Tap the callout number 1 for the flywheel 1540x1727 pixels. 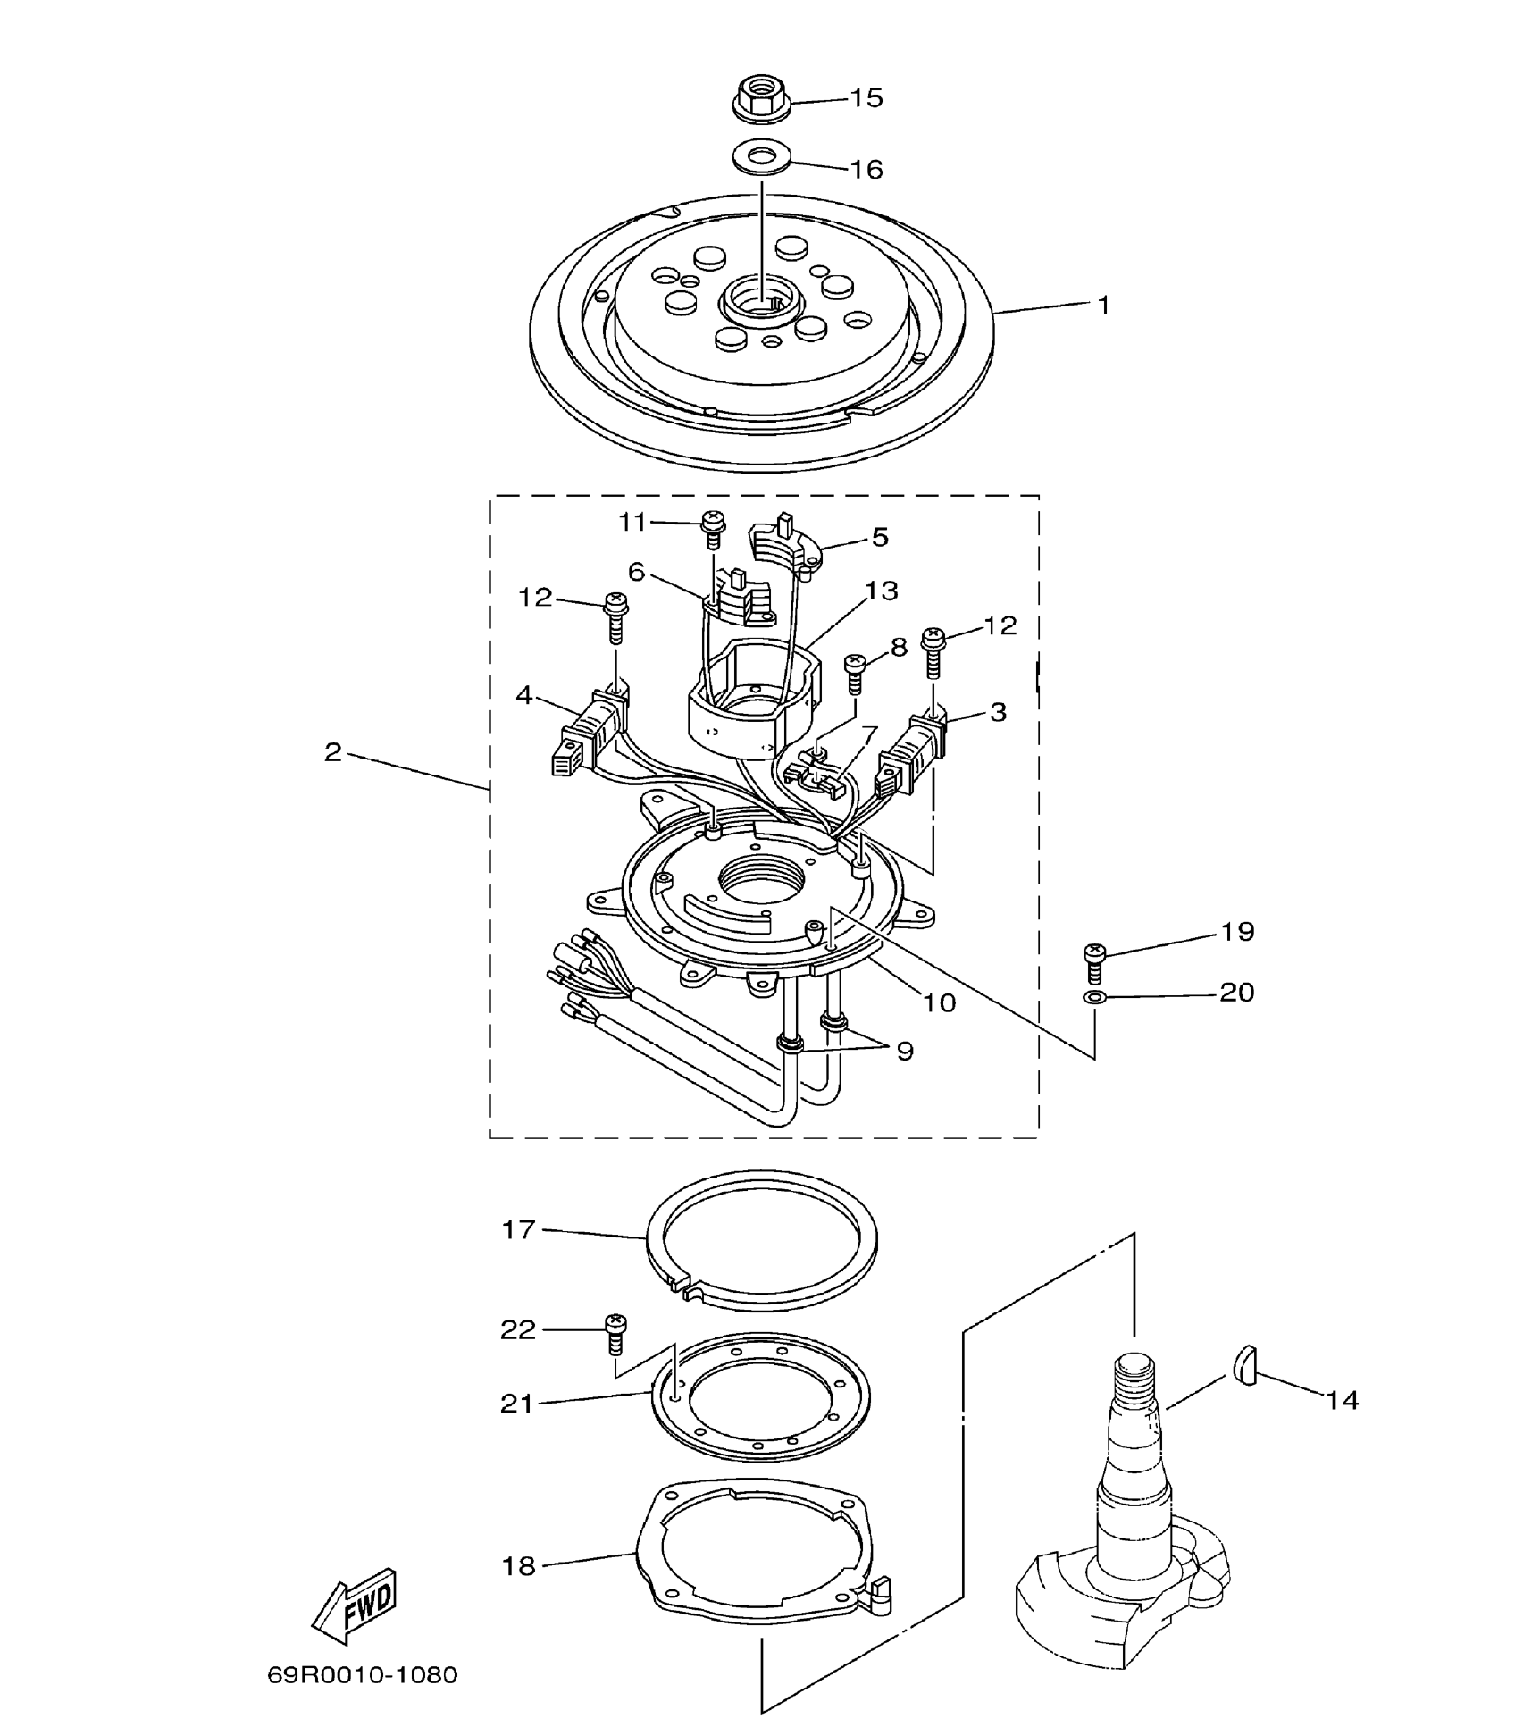1103,306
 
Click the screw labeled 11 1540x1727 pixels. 713,529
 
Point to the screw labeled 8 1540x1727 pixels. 854,672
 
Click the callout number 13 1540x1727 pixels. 881,591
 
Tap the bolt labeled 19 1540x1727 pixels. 1095,962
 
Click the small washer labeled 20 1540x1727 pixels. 1091,996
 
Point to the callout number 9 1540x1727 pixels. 905,1052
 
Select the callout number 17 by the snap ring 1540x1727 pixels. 518,1230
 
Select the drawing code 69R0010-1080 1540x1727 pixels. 362,1673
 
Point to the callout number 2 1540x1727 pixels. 332,752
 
